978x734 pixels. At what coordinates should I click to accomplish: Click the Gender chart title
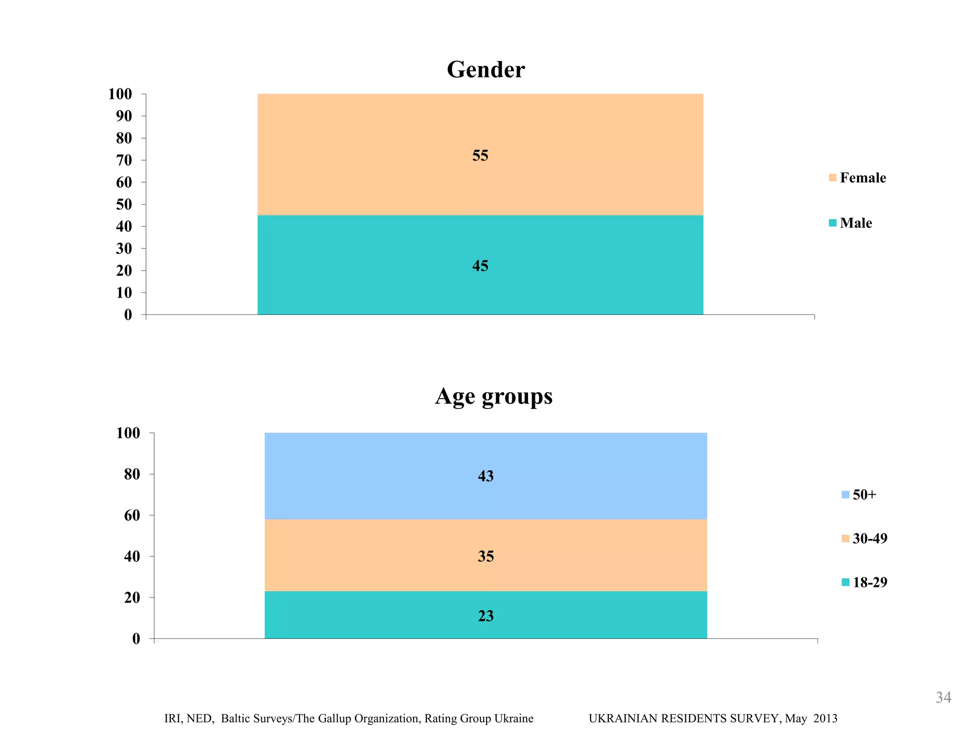tap(486, 70)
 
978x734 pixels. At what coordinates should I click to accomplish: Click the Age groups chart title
tap(493, 397)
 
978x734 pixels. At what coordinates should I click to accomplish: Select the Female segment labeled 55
tap(480, 155)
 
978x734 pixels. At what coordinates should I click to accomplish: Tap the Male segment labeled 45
tap(480, 266)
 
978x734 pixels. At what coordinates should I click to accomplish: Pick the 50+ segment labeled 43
tap(485, 476)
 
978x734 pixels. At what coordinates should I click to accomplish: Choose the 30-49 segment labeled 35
tap(485, 556)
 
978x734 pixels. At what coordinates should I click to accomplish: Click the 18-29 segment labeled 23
tap(485, 616)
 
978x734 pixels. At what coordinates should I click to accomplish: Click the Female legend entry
tap(858, 178)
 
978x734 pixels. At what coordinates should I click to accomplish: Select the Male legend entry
tap(850, 223)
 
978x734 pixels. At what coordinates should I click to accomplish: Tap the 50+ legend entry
tap(859, 495)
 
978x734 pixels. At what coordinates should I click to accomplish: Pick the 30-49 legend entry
tap(864, 539)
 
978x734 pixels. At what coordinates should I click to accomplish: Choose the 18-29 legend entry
tap(864, 583)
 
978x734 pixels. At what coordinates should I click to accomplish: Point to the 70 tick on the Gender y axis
tap(124, 160)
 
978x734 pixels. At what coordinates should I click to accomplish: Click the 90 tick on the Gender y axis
tap(124, 116)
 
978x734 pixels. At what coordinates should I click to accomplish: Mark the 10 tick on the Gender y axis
tap(124, 292)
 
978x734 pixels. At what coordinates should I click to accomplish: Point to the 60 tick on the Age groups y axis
tap(132, 515)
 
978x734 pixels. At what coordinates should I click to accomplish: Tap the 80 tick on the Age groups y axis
tap(132, 474)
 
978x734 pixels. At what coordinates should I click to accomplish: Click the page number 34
tap(943, 698)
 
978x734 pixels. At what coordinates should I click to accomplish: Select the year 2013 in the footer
tap(825, 719)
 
